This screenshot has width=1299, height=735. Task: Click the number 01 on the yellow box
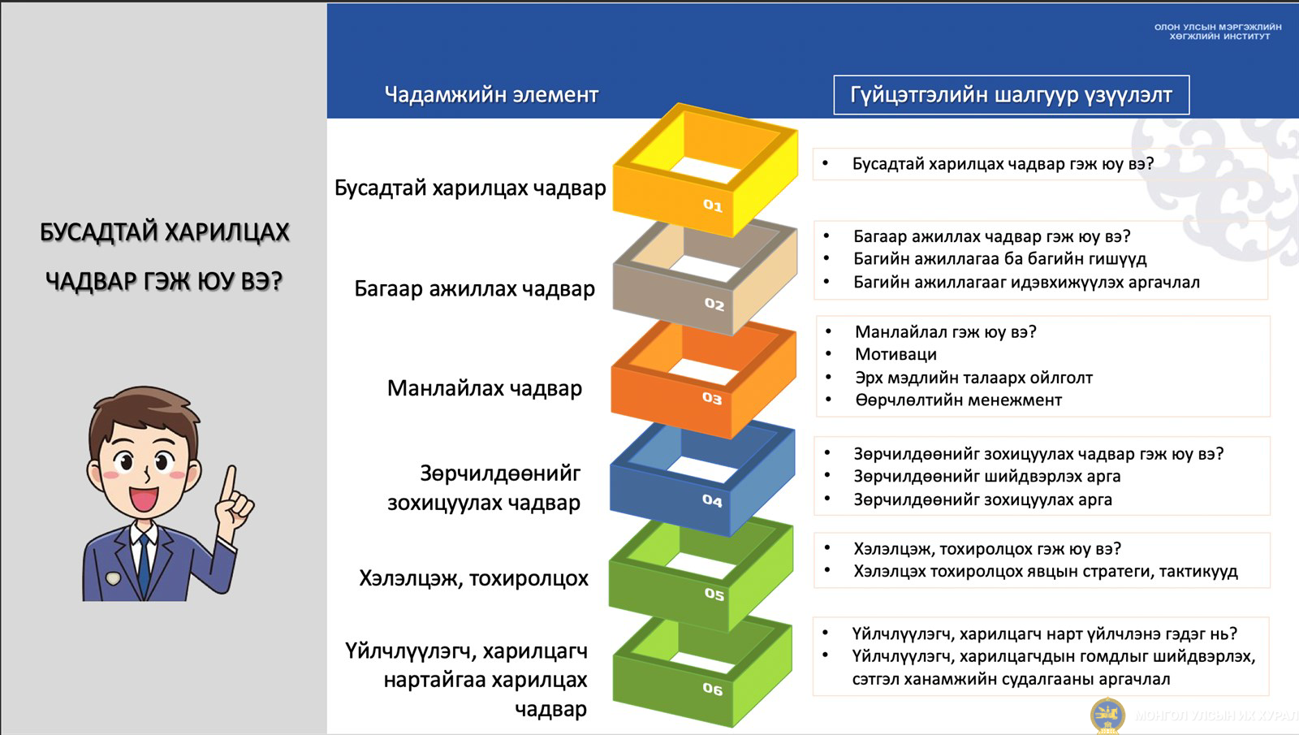713,205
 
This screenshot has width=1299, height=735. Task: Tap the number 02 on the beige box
714,304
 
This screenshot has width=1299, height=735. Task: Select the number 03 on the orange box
712,398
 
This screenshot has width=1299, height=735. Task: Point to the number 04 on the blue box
712,500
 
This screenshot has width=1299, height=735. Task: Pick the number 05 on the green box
714,594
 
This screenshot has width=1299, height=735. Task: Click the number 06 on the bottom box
713,689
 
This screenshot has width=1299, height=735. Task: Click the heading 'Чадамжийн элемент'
491,94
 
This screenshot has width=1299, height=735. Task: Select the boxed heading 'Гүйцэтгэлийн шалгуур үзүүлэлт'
1012,94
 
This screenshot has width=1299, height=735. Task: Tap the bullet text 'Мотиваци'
896,354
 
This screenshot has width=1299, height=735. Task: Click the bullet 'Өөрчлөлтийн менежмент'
959,400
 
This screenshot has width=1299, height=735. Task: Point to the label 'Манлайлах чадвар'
484,388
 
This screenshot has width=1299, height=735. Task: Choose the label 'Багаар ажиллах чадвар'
474,288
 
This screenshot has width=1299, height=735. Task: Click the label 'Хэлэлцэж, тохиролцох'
473,578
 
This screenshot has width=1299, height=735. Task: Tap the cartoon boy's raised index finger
231,482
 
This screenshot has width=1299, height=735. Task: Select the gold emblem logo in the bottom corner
1107,716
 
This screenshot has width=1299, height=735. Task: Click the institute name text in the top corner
1218,32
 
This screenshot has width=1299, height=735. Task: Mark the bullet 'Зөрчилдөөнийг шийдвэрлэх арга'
987,476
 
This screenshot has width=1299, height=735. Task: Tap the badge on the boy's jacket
113,577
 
